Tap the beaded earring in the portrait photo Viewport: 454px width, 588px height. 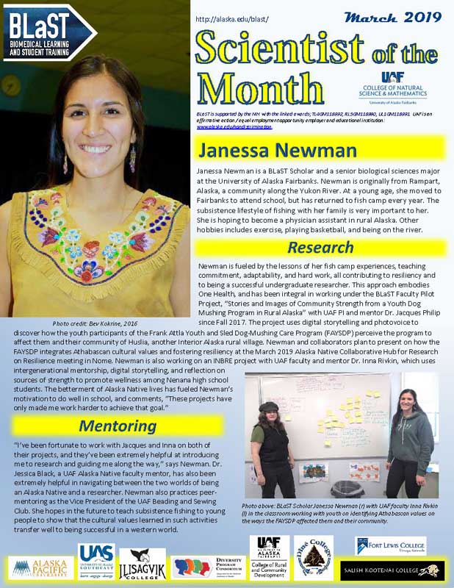132,157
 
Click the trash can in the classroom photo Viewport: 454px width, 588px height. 343,490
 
